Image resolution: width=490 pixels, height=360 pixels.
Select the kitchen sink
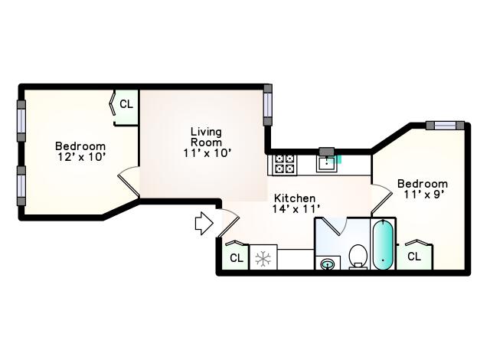click(327, 164)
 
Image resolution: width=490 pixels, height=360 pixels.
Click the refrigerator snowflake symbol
click(263, 259)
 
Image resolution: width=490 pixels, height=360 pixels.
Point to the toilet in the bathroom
click(358, 257)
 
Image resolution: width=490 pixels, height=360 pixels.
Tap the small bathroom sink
click(327, 264)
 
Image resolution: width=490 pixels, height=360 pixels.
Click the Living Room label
click(206, 137)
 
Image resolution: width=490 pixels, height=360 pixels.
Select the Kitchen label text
click(294, 198)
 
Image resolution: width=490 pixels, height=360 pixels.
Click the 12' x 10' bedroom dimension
click(80, 157)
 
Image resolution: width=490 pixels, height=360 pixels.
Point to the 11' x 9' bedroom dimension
click(423, 194)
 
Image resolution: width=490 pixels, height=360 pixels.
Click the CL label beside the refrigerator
click(237, 258)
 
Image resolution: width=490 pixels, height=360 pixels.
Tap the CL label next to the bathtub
click(414, 257)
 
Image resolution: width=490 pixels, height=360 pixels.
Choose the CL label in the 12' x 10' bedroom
click(126, 104)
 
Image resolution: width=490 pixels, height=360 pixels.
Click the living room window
click(268, 105)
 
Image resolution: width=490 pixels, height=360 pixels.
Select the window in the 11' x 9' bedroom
click(446, 126)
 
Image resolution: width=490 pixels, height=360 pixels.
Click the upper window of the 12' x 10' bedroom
click(21, 121)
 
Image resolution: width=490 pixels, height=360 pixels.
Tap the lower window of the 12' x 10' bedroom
click(21, 185)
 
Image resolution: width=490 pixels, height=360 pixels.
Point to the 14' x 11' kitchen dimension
click(296, 209)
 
